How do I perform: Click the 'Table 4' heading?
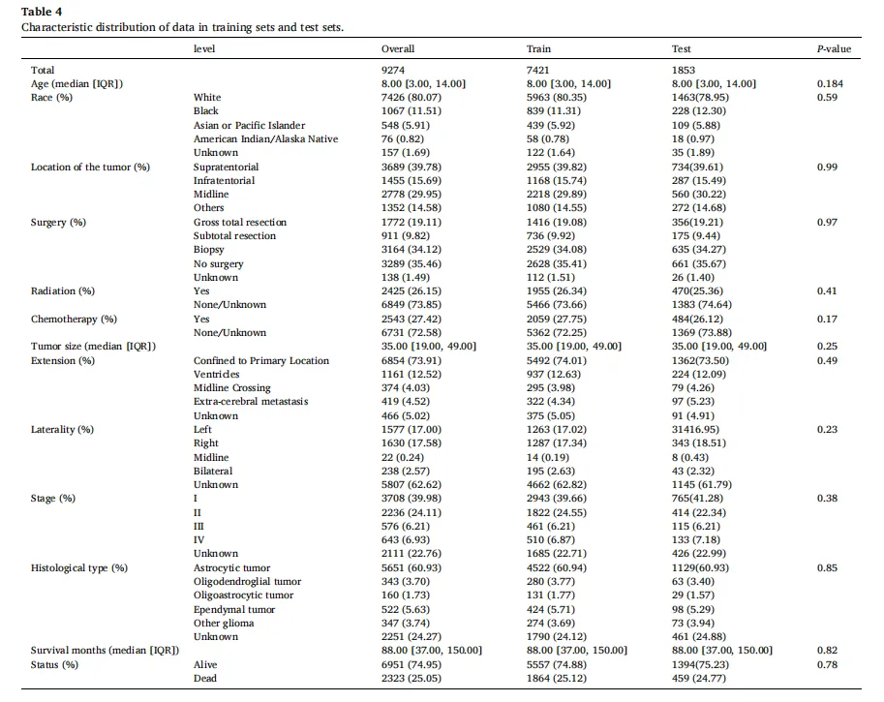(42, 12)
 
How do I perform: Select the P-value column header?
(834, 49)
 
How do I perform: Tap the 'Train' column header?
(538, 49)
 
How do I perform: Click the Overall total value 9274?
(393, 70)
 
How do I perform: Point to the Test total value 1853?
(684, 70)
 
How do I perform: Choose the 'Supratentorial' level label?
(226, 167)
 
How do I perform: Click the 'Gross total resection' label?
(239, 222)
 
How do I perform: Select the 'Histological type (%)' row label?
(79, 567)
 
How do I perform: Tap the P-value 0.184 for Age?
(830, 84)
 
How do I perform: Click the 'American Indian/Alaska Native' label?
(265, 138)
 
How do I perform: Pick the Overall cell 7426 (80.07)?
(411, 98)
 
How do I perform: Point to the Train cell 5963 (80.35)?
(557, 98)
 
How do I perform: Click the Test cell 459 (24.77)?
(698, 679)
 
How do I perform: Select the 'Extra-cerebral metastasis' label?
(251, 402)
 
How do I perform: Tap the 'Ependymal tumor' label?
(234, 609)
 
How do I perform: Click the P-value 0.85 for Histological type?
(827, 567)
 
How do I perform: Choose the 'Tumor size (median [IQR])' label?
(93, 347)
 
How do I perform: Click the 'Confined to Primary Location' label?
(261, 361)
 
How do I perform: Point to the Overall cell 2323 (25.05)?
(411, 679)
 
